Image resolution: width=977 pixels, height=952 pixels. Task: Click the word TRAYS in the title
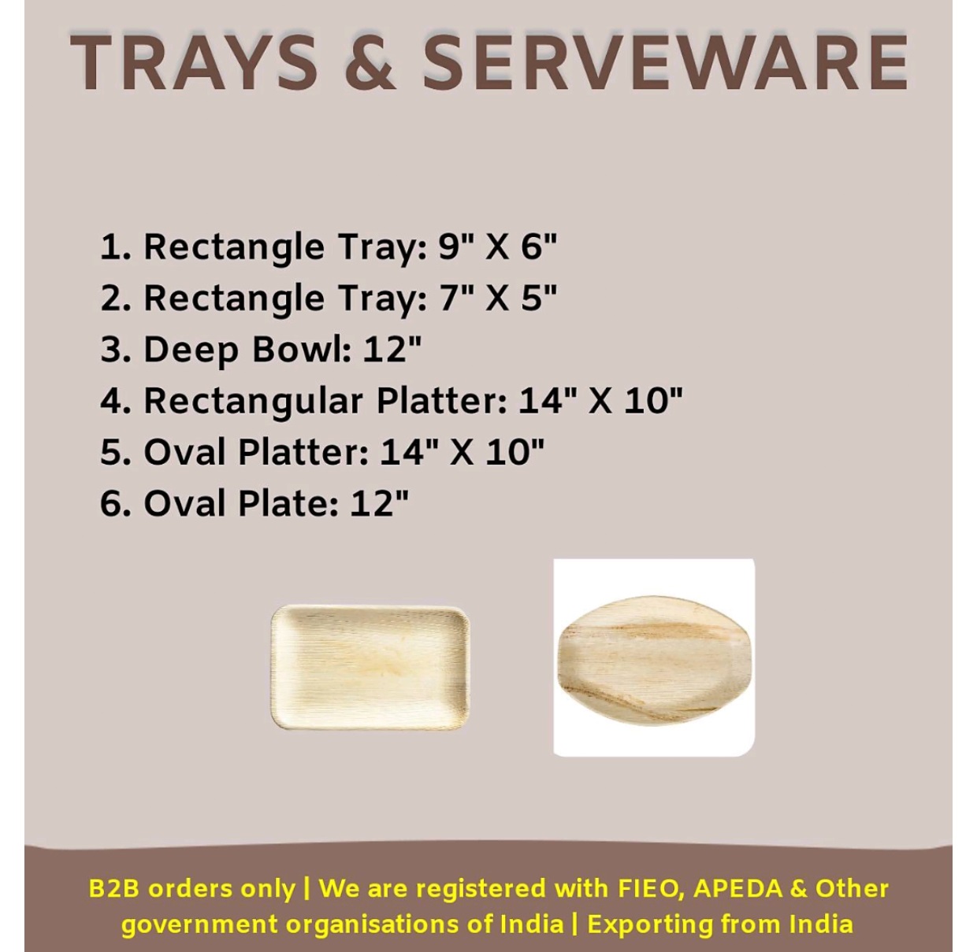(194, 63)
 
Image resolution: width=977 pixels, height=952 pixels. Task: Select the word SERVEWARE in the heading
(665, 63)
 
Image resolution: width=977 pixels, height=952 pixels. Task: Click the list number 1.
(115, 247)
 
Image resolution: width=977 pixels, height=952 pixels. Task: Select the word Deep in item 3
(191, 350)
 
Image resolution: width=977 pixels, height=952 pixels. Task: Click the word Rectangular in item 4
(254, 402)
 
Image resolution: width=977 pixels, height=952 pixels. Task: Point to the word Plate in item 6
(287, 503)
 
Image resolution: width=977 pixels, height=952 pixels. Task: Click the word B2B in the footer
(113, 887)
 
